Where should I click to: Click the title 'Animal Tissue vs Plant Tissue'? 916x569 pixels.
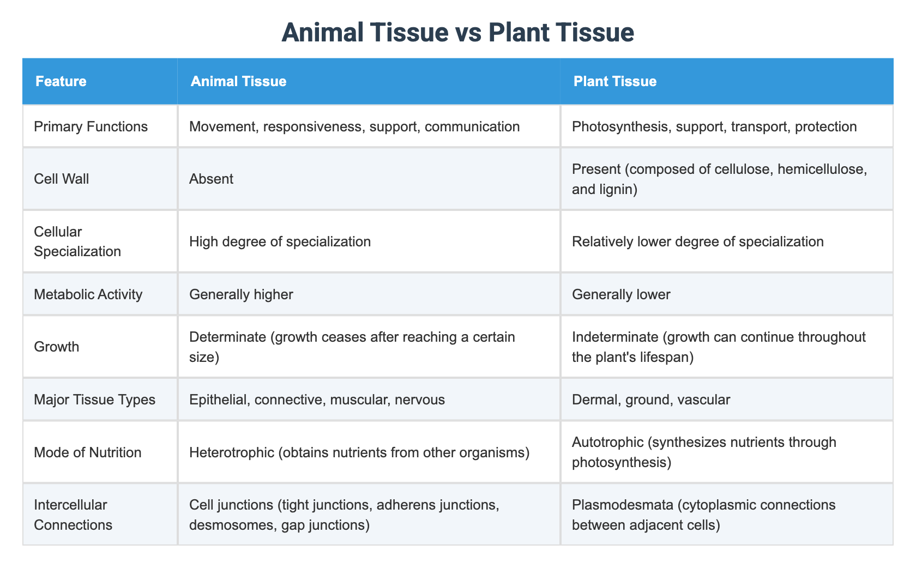pyautogui.click(x=458, y=32)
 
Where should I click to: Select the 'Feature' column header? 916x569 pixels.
pyautogui.click(x=61, y=81)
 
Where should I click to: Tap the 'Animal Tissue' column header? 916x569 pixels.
pyautogui.click(x=238, y=81)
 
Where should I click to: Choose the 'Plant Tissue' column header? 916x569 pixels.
pyautogui.click(x=614, y=81)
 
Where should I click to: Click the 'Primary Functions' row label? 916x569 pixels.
pyautogui.click(x=91, y=126)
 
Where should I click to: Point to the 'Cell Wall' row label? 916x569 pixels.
pyautogui.click(x=61, y=179)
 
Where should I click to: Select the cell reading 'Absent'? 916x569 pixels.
pyautogui.click(x=211, y=179)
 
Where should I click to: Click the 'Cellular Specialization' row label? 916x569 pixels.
pyautogui.click(x=77, y=241)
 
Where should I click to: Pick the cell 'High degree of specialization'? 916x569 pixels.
pyautogui.click(x=280, y=241)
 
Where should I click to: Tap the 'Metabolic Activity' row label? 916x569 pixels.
pyautogui.click(x=88, y=294)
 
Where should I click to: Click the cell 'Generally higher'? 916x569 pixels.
pyautogui.click(x=241, y=294)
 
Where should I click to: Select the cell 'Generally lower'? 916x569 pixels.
pyautogui.click(x=621, y=294)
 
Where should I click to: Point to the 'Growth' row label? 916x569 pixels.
pyautogui.click(x=56, y=347)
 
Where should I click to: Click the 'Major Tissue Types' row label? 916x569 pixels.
pyautogui.click(x=94, y=399)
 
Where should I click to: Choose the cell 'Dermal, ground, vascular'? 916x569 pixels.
pyautogui.click(x=650, y=399)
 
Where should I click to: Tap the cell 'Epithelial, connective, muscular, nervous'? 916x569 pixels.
pyautogui.click(x=317, y=399)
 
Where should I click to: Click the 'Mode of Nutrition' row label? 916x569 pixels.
pyautogui.click(x=87, y=452)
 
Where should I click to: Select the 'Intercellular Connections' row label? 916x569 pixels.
pyautogui.click(x=73, y=514)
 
